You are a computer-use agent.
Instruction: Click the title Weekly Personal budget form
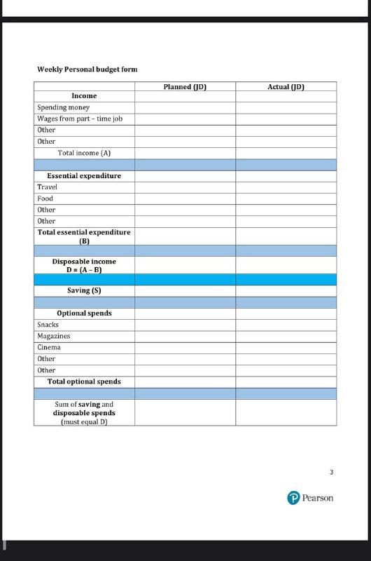click(87, 69)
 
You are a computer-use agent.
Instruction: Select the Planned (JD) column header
click(185, 87)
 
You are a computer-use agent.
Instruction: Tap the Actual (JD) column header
click(286, 87)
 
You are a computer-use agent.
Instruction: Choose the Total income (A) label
click(84, 153)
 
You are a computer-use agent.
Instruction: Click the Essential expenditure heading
click(84, 175)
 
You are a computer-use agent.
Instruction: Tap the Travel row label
click(48, 187)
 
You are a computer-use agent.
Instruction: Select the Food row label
click(46, 198)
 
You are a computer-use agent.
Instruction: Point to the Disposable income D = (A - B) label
click(84, 265)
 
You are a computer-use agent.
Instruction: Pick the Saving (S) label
click(84, 290)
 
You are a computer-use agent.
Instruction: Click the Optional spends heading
click(84, 313)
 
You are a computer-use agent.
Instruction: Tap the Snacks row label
click(48, 325)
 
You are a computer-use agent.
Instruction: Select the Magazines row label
click(54, 336)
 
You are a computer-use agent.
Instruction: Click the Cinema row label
click(49, 347)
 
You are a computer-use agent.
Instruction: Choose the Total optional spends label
click(84, 381)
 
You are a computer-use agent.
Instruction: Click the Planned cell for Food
click(185, 198)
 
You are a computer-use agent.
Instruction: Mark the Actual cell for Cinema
click(286, 347)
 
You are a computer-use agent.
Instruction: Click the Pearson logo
click(310, 498)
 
